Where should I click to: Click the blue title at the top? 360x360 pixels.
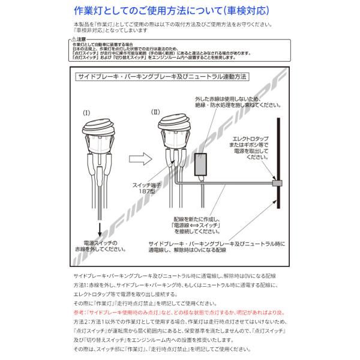click(x=179, y=10)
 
